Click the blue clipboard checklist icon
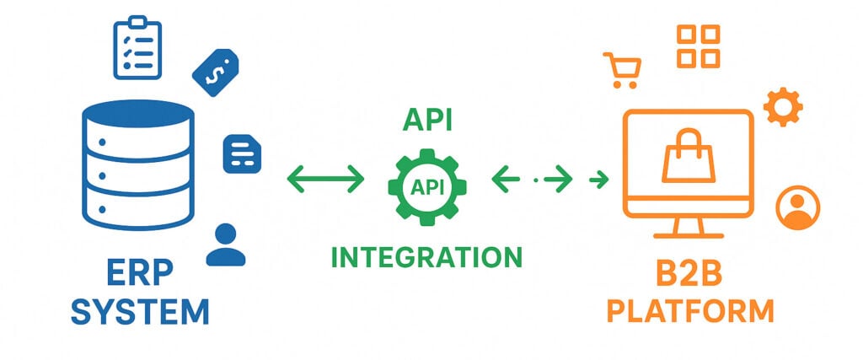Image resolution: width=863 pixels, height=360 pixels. tap(137, 51)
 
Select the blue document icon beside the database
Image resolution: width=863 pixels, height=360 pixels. tap(241, 155)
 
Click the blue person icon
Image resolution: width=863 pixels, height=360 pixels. tap(225, 245)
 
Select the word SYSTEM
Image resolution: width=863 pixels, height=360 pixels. tap(139, 312)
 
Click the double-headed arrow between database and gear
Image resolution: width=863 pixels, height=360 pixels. tap(326, 179)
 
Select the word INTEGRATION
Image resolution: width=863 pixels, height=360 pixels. tap(426, 256)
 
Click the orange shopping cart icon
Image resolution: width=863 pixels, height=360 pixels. tap(622, 70)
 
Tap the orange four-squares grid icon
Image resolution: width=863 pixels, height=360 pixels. tap(699, 46)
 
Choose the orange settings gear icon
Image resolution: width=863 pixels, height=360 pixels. tap(782, 108)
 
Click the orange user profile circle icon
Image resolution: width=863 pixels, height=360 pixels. tap(796, 207)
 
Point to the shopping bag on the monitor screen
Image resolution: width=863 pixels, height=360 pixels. tap(688, 158)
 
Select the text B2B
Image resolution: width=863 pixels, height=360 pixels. tap(689, 277)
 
